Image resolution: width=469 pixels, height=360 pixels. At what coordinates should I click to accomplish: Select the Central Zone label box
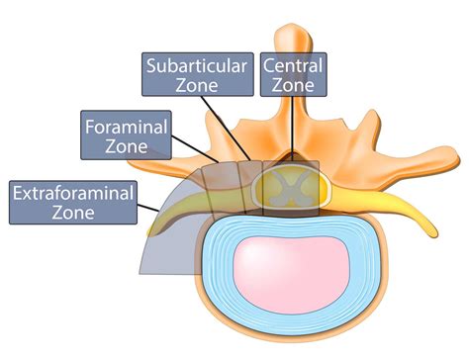[293, 73]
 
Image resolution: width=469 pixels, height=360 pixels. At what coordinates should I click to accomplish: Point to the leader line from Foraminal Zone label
[194, 155]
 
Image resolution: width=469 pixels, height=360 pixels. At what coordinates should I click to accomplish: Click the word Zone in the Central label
[293, 85]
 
